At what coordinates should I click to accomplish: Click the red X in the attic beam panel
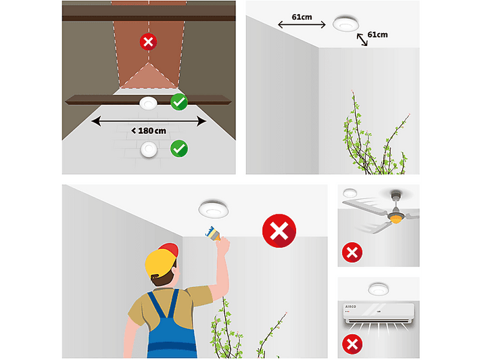coord(149,41)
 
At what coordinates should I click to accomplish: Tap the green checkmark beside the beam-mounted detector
coord(179,102)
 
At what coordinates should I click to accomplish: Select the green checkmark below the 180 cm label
coord(179,149)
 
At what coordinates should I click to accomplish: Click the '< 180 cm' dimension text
coord(149,131)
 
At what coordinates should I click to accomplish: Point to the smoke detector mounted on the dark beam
coord(148,103)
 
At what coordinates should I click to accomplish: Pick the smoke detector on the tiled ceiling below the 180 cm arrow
coord(149,150)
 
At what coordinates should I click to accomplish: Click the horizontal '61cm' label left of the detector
coord(302,17)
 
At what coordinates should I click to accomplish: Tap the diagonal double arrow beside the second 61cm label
coord(362,40)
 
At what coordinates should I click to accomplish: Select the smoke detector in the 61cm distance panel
coord(346,24)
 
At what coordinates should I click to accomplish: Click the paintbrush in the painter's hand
coord(213,233)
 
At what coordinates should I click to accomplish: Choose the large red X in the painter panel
coord(279,231)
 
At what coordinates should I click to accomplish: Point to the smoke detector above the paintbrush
coord(214,209)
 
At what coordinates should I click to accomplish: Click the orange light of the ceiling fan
coord(395,219)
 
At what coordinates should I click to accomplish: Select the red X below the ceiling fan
coord(352,252)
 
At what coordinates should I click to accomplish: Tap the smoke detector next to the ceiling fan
coord(350,193)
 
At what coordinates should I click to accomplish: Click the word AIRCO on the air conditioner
coord(350,307)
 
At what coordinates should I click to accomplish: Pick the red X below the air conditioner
coord(352,344)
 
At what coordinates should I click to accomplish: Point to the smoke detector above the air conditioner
coord(379,289)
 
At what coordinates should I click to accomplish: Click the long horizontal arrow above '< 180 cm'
coord(149,121)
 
